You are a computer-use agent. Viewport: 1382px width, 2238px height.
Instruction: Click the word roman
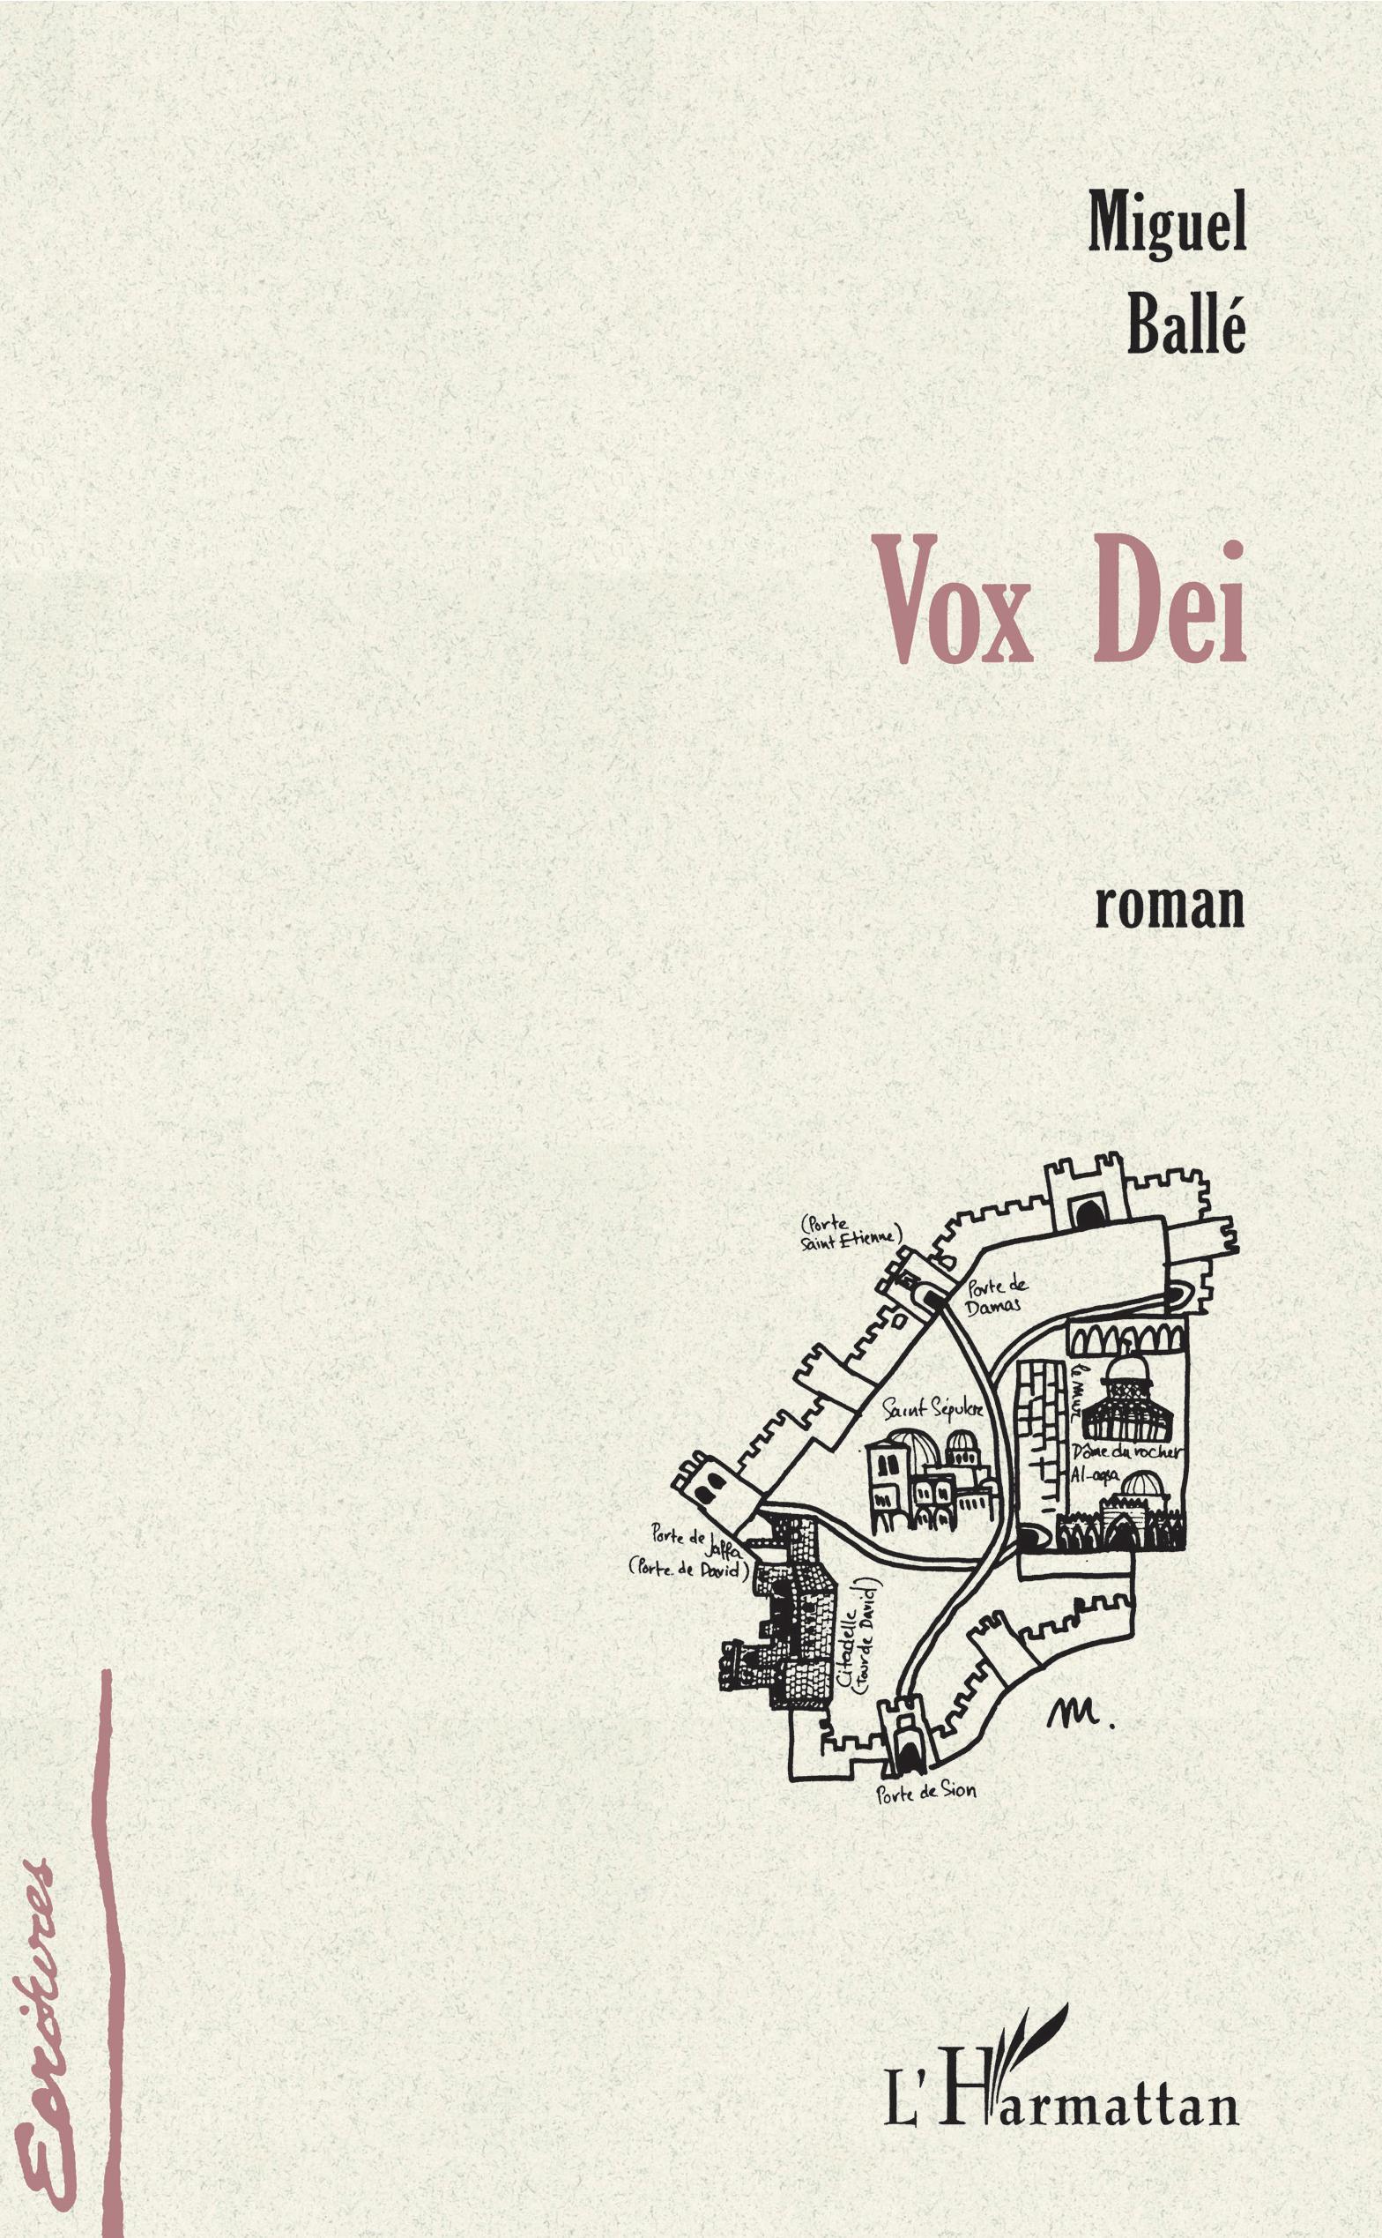(1169, 905)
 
